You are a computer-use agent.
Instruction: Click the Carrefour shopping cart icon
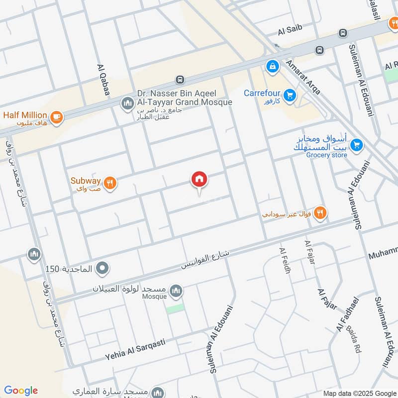click(x=290, y=94)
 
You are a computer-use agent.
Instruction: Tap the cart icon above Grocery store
click(x=356, y=145)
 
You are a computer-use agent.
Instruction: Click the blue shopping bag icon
click(x=272, y=66)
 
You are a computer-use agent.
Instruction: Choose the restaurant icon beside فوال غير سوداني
click(x=321, y=213)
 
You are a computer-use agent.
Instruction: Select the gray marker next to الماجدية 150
click(x=103, y=269)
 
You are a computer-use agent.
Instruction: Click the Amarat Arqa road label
click(x=303, y=78)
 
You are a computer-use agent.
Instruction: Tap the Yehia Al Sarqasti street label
click(x=135, y=350)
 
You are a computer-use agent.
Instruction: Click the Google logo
click(x=20, y=391)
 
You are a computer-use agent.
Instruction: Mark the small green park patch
click(x=175, y=309)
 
